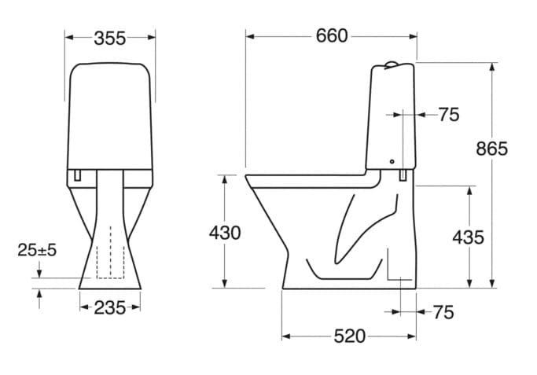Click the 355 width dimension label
click(110, 39)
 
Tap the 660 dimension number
click(332, 36)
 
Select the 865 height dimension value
click(492, 149)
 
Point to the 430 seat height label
click(225, 233)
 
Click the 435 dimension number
click(468, 237)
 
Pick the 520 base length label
click(350, 336)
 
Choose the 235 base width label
click(110, 308)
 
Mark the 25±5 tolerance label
click(37, 250)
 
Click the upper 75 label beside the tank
click(449, 115)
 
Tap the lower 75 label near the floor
click(443, 312)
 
